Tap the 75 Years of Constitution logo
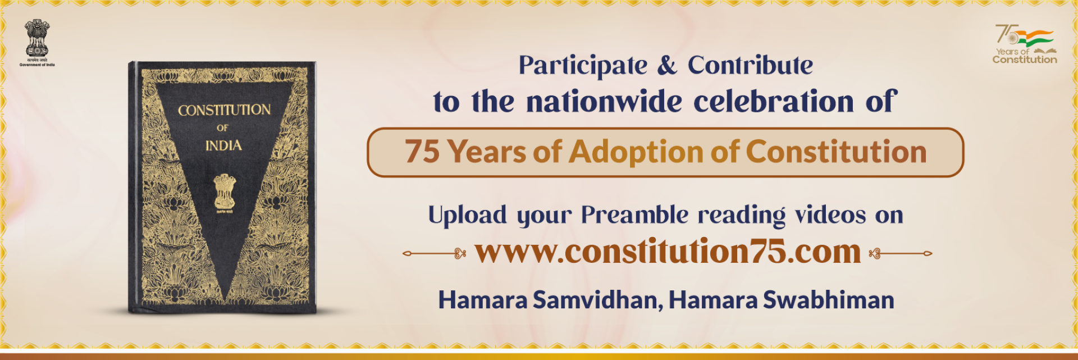(x=1025, y=44)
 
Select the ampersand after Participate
(x=667, y=66)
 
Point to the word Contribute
(x=750, y=65)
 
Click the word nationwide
(x=604, y=102)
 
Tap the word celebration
(x=773, y=102)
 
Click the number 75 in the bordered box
(x=422, y=152)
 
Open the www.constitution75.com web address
(x=668, y=252)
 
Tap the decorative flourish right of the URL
(x=901, y=254)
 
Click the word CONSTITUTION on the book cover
(x=224, y=110)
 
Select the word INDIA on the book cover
(x=223, y=146)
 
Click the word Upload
(x=467, y=215)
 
